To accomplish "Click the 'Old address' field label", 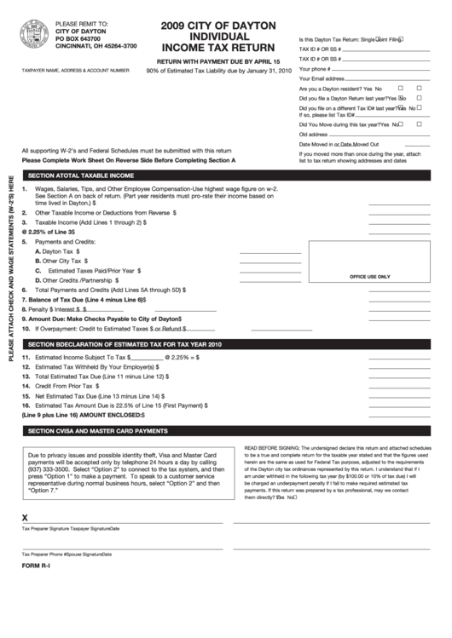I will click(x=313, y=135).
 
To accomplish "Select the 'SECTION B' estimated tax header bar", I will click(x=125, y=344).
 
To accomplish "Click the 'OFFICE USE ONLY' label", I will click(x=369, y=277).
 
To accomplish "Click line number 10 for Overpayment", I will click(x=26, y=328).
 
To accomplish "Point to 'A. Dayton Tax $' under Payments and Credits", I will click(x=57, y=252).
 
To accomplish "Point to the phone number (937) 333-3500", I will click(x=53, y=470).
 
